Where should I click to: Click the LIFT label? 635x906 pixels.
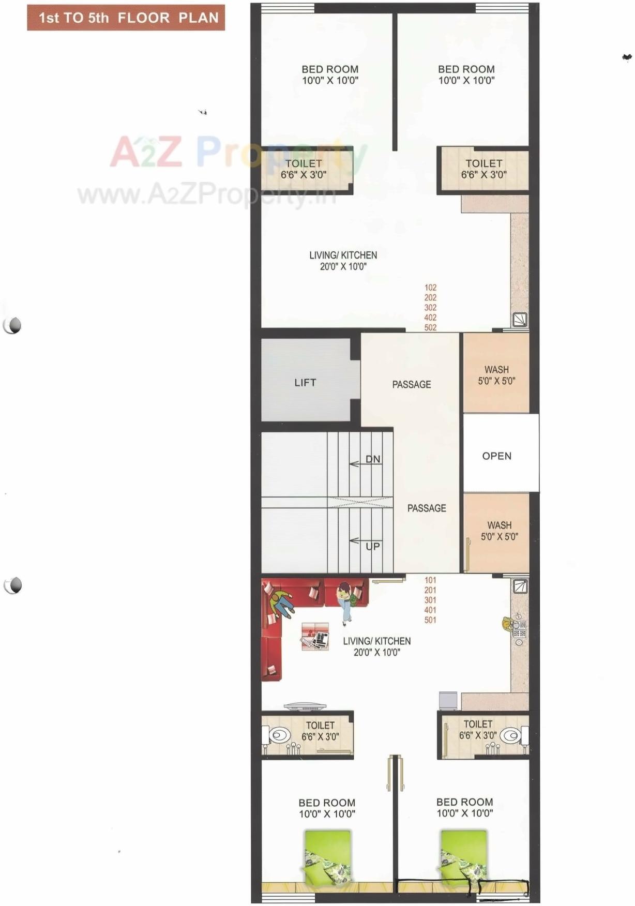[x=305, y=383]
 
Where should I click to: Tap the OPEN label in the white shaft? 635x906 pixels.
[x=496, y=456]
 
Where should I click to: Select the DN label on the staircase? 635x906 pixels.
[x=373, y=459]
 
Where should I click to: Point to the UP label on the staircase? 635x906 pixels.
[x=373, y=547]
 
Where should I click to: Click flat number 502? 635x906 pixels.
[x=430, y=327]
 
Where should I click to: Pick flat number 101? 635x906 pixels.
[x=430, y=580]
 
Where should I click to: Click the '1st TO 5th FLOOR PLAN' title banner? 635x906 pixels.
[x=126, y=18]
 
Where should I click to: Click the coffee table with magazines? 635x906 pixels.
[x=315, y=637]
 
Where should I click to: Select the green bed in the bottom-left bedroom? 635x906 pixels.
[x=327, y=856]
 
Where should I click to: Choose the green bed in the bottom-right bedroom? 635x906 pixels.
[x=463, y=856]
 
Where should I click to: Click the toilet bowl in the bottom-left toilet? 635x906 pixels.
[x=280, y=735]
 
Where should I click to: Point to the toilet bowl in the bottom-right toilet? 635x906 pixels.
[x=510, y=735]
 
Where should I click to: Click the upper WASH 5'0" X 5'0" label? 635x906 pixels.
[x=496, y=375]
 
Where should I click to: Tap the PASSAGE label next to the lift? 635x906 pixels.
[x=412, y=385]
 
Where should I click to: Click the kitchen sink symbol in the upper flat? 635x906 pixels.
[x=520, y=320]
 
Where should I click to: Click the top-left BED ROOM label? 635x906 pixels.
[x=330, y=74]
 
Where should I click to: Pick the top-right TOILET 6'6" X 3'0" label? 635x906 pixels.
[x=483, y=169]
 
